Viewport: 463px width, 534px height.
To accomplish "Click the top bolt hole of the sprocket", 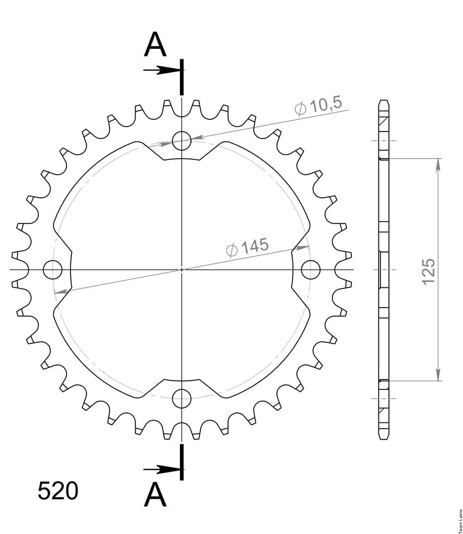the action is coord(181,141).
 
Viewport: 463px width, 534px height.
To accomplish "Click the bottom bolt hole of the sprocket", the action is coord(181,398).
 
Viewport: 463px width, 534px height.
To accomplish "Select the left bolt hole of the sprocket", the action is coord(52,270).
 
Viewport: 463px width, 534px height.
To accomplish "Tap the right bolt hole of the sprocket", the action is coord(311,270).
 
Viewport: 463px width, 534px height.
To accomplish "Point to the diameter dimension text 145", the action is coord(255,246).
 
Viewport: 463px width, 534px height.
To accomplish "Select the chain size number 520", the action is coord(57,491).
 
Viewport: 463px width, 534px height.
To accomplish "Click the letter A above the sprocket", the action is coord(155,44).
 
